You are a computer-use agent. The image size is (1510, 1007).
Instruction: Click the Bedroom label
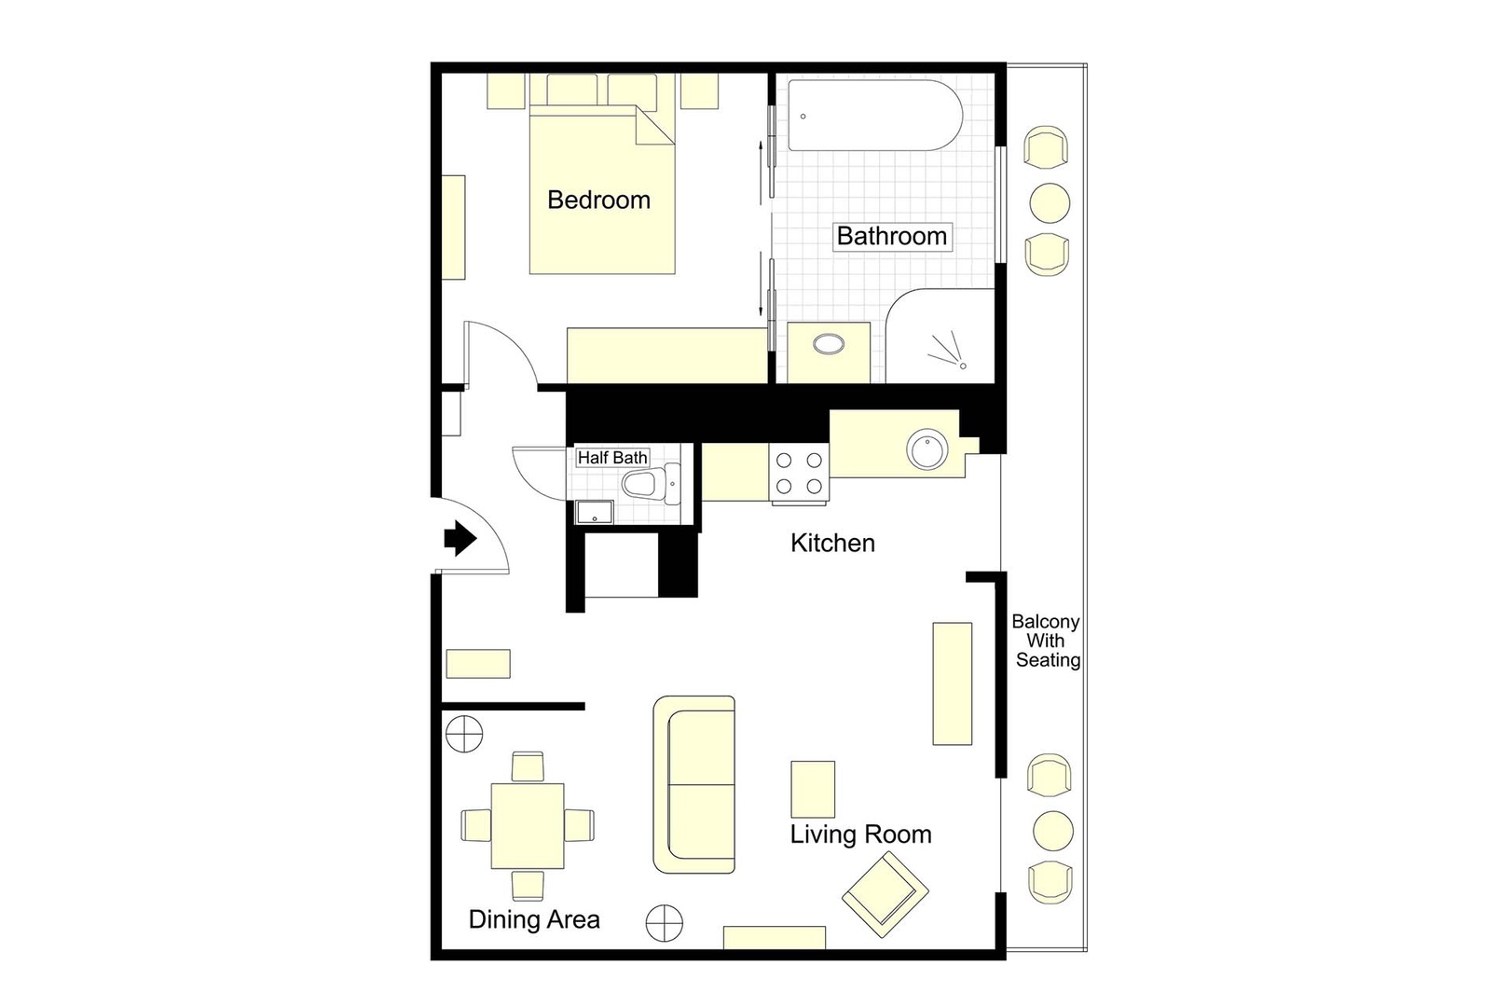coord(598,200)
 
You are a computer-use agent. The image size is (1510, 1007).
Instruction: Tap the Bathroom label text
coord(891,236)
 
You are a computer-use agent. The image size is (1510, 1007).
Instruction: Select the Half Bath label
coord(611,458)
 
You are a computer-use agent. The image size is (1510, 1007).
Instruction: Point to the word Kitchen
coord(832,543)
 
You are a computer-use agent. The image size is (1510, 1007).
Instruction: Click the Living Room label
coord(860,834)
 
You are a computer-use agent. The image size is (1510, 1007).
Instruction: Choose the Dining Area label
coord(534,919)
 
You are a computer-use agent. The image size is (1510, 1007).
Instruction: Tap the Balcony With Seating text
coord(1047,641)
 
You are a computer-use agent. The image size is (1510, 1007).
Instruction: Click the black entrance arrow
coord(460,538)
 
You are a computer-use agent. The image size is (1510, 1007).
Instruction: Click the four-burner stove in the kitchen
coord(799,474)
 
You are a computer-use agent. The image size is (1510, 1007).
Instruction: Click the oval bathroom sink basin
coord(829,345)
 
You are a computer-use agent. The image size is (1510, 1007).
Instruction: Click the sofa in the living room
coord(694,784)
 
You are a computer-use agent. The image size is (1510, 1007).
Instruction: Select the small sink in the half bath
coord(594,512)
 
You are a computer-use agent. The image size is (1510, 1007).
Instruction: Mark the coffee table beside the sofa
coord(813,789)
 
